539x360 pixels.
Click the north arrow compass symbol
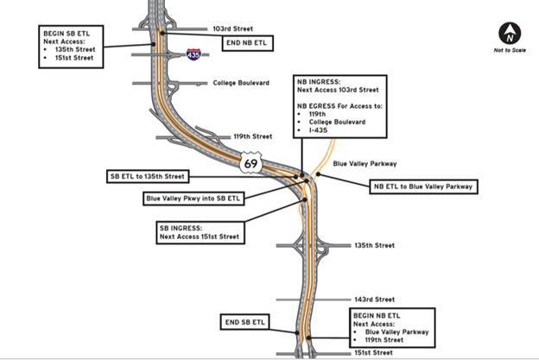click(x=510, y=34)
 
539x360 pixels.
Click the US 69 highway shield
click(x=251, y=163)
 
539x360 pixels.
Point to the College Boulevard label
click(x=242, y=83)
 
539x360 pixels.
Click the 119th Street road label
click(x=253, y=136)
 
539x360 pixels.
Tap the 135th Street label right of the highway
click(x=374, y=245)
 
